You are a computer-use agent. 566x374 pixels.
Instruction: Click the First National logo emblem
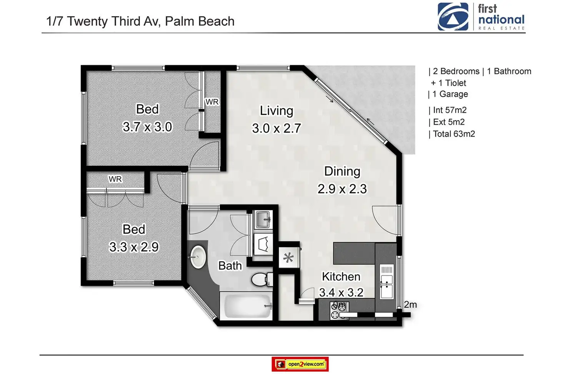click(453, 17)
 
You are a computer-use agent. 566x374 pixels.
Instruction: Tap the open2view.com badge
click(300, 364)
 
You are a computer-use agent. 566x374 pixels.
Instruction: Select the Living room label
click(276, 111)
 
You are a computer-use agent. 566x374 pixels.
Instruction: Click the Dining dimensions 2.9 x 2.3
click(342, 189)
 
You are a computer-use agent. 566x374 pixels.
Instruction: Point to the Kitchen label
click(341, 276)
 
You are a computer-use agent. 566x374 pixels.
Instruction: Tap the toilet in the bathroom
click(262, 279)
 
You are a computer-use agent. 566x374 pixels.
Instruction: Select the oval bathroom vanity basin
click(197, 257)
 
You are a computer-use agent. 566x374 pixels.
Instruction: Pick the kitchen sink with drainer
click(386, 281)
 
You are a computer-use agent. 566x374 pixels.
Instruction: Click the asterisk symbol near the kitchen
click(288, 258)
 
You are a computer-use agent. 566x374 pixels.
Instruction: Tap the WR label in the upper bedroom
click(212, 102)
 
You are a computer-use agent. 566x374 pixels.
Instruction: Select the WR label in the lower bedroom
click(115, 179)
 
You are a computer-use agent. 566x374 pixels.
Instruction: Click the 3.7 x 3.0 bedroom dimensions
click(147, 127)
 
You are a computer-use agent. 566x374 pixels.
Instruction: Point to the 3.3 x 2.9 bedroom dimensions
click(134, 247)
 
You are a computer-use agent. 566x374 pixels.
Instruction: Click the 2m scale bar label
click(410, 304)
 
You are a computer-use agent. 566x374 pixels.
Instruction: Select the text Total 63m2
click(454, 134)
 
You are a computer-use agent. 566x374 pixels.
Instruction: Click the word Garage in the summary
click(454, 94)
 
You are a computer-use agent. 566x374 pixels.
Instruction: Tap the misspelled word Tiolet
click(456, 83)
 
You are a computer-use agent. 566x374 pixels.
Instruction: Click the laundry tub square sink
click(263, 220)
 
